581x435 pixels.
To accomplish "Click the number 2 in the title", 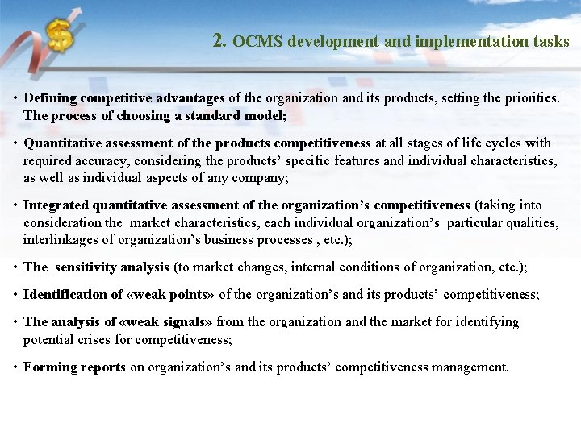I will pos(219,40).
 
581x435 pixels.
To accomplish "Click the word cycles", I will pos(501,143).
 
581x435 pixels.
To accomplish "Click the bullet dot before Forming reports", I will pos(15,367).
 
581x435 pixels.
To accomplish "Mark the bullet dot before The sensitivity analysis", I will pos(15,267).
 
